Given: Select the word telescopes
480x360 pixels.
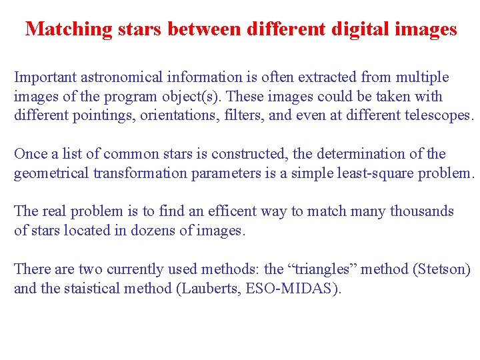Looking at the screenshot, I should [438, 115].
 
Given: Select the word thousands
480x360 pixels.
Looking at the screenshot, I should [421, 212].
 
